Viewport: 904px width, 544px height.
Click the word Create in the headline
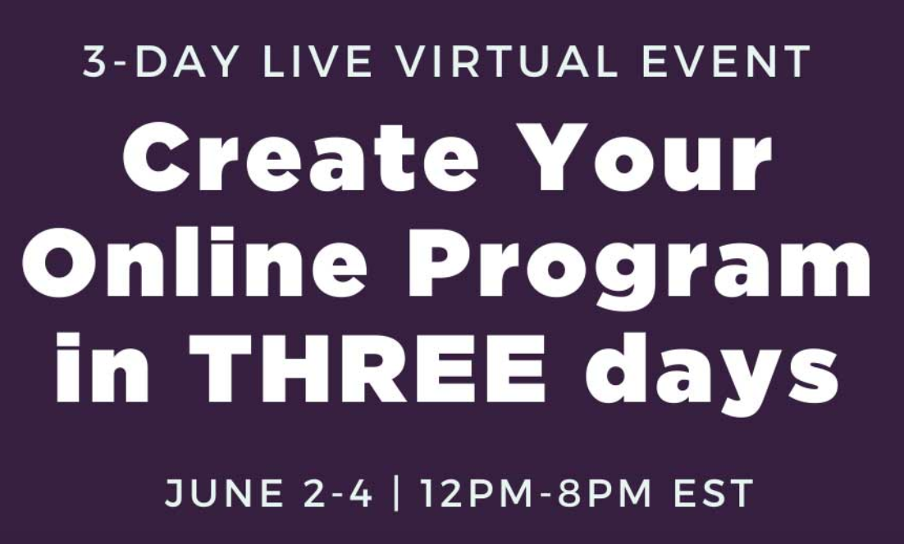pos(300,157)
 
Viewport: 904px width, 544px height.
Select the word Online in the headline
pos(194,262)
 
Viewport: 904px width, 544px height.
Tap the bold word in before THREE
pos(103,367)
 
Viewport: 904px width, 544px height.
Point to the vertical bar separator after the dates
pos(395,493)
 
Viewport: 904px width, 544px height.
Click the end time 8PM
pos(605,493)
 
